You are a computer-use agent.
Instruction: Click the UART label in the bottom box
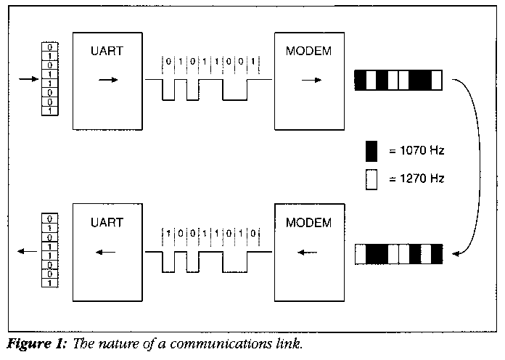[x=107, y=222]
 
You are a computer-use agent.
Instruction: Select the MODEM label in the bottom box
[x=308, y=222]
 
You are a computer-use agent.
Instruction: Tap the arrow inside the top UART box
[x=107, y=80]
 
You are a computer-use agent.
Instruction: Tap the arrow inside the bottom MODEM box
[x=308, y=253]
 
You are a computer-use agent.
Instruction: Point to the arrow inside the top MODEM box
[x=311, y=80]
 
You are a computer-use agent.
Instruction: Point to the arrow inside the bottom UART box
[x=107, y=253]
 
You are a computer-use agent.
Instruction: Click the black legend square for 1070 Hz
[x=372, y=152]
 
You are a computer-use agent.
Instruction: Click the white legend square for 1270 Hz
[x=372, y=179]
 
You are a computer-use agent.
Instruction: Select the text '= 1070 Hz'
[x=415, y=152]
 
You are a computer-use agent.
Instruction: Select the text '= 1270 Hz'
[x=415, y=179]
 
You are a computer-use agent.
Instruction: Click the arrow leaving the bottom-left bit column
[x=27, y=251]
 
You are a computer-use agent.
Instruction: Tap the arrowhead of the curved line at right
[x=456, y=253]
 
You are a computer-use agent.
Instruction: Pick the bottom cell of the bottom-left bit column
[x=49, y=282]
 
